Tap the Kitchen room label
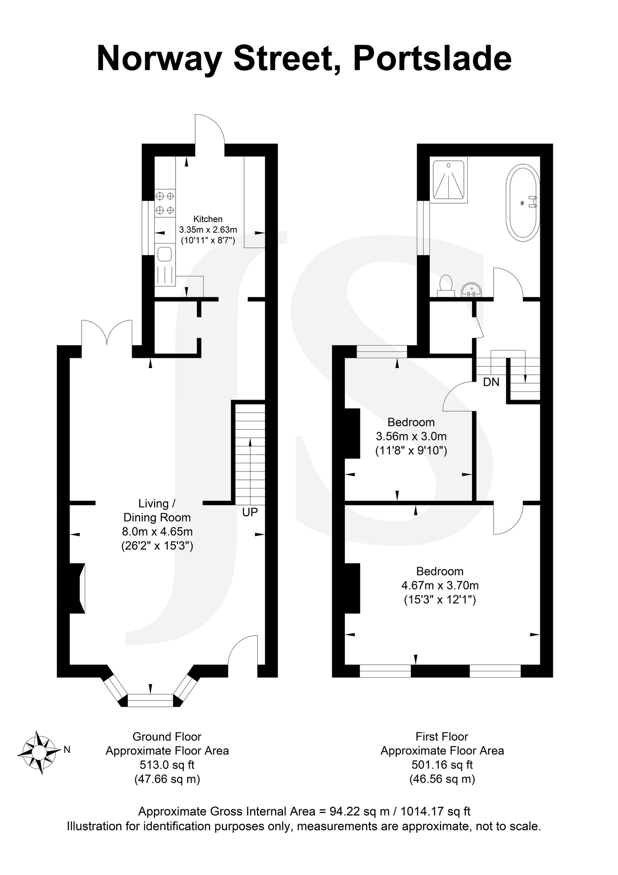click(x=208, y=219)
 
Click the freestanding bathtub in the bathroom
click(x=523, y=202)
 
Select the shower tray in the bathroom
click(x=449, y=180)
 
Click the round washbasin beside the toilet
click(x=470, y=290)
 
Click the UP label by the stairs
click(x=250, y=512)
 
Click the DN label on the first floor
click(x=491, y=382)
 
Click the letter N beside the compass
click(x=67, y=750)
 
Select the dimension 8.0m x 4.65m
click(x=157, y=531)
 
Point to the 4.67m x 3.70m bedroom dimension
click(x=440, y=585)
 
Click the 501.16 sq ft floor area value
click(x=441, y=765)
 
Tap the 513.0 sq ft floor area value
click(x=167, y=765)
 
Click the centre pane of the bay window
click(x=150, y=700)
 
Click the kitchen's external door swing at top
click(x=209, y=132)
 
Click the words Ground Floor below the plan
click(x=167, y=736)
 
